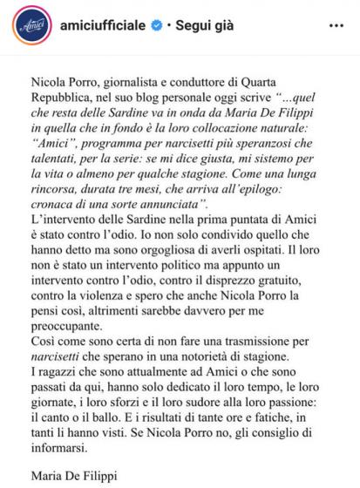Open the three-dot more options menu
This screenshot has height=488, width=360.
(336, 26)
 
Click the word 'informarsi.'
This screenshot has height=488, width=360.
(61, 440)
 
